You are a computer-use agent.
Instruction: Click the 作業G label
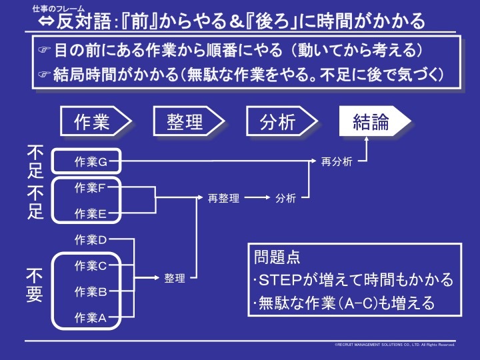click(x=91, y=161)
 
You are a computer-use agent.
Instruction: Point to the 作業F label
click(x=91, y=188)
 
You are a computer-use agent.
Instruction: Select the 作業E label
click(x=91, y=214)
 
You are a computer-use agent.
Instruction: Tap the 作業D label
click(x=91, y=239)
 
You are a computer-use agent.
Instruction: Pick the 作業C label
click(x=91, y=265)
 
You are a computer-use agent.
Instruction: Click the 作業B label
click(x=91, y=291)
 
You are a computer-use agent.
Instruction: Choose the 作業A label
click(x=91, y=317)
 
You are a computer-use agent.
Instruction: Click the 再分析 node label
click(x=337, y=161)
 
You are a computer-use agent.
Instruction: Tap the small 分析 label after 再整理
click(x=285, y=198)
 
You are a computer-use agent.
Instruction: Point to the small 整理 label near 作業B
click(x=175, y=279)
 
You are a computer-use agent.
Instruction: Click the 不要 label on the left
click(x=35, y=285)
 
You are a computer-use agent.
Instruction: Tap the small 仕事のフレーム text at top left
click(x=55, y=8)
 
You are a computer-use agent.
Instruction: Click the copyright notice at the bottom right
click(x=395, y=345)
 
